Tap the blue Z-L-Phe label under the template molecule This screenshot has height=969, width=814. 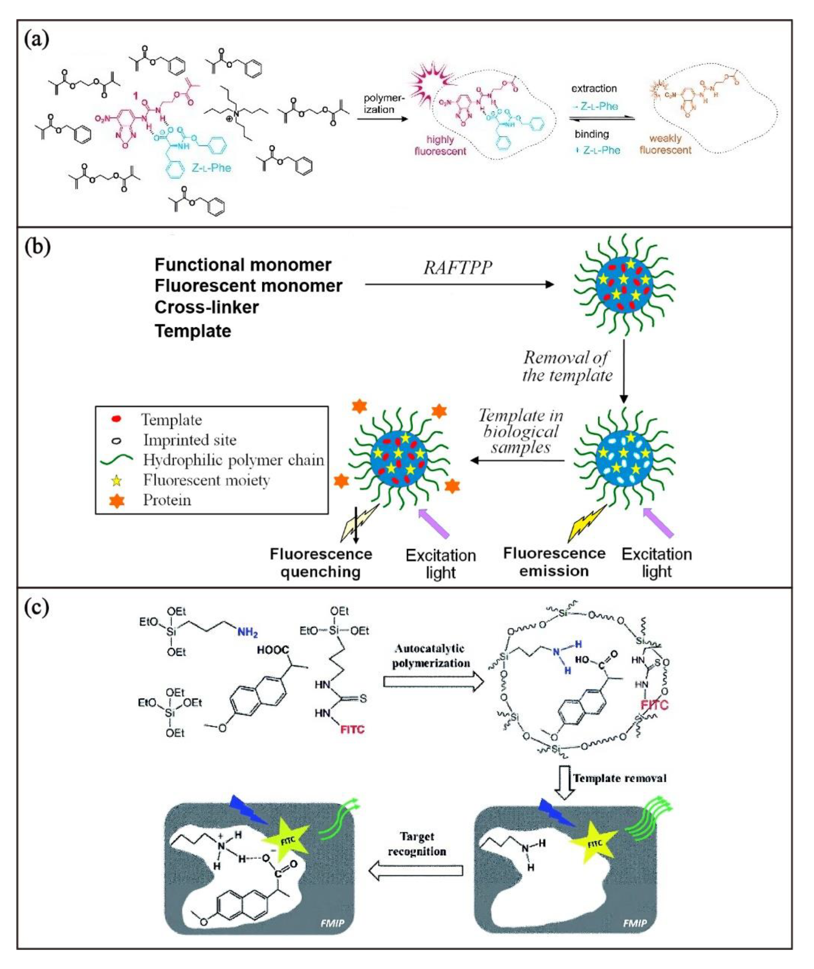tap(211, 168)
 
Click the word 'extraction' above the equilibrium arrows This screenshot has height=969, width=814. tap(594, 88)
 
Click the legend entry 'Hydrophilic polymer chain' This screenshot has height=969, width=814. tap(233, 460)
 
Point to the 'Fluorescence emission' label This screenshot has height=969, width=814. tap(554, 562)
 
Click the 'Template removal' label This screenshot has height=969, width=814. tap(619, 779)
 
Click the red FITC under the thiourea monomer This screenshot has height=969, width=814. tap(352, 730)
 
